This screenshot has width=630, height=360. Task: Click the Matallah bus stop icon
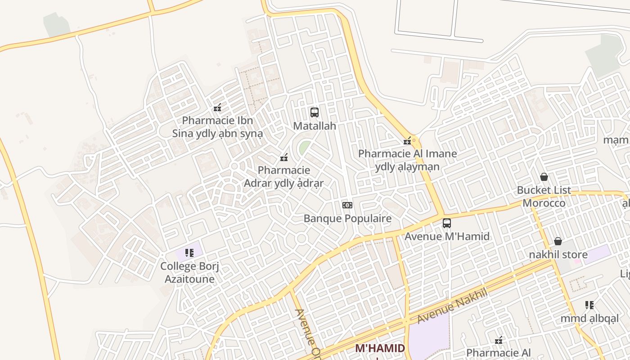coord(315,112)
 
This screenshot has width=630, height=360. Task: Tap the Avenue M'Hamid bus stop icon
coord(447,223)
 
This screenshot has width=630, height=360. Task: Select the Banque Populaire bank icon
coord(347,205)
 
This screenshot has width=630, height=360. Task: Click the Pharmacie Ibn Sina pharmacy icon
coord(217,107)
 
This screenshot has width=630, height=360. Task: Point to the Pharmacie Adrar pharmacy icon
coord(284,157)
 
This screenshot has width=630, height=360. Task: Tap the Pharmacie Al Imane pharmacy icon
coord(408,141)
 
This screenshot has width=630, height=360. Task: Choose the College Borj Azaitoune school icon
coord(189,253)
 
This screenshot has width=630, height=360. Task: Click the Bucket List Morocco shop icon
coord(544,177)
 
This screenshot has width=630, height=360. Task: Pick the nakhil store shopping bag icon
coord(558,241)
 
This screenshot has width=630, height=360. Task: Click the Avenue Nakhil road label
coord(452,306)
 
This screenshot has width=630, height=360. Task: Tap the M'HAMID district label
coord(380,348)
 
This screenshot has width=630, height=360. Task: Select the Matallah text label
coord(315,126)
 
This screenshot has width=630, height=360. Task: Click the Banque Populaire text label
coord(347,219)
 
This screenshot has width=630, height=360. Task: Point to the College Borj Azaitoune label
coord(189,272)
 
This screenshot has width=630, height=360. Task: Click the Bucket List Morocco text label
coord(544,196)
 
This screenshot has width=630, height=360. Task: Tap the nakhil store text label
coord(558,255)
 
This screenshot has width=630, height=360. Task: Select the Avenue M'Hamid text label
coord(447,236)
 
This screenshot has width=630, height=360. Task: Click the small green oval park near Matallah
coord(305,147)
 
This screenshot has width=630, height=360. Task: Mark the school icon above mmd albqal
coord(589,305)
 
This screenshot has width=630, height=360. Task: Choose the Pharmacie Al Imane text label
coord(407,160)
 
